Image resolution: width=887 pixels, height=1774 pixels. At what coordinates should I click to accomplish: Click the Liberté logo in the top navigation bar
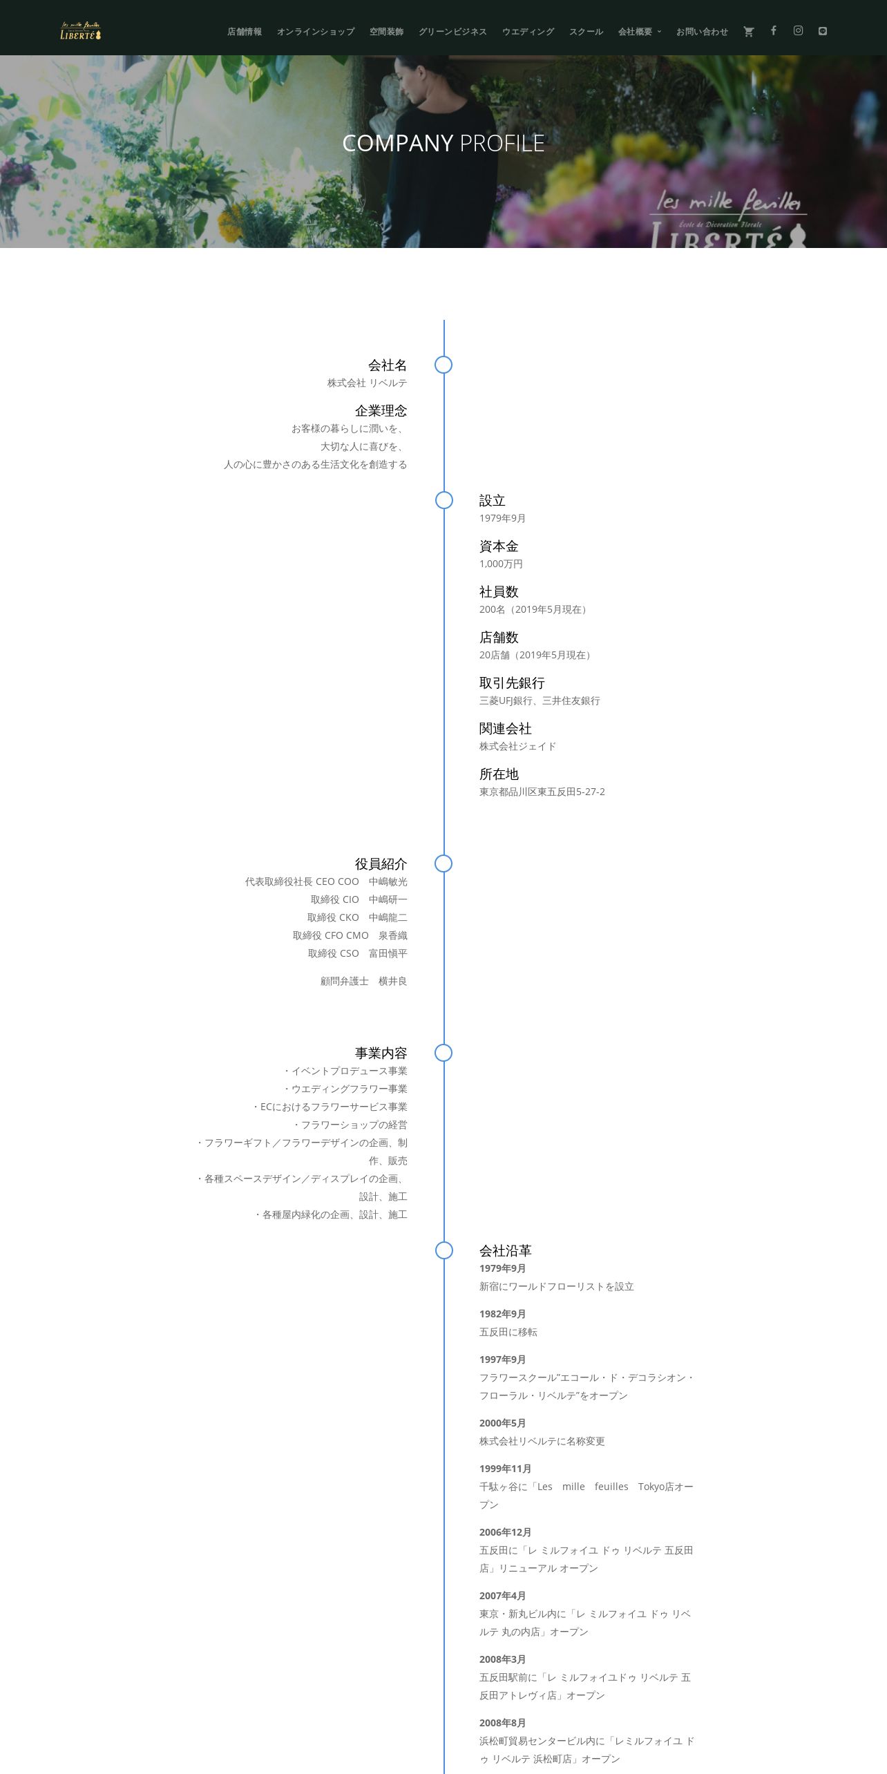(80, 31)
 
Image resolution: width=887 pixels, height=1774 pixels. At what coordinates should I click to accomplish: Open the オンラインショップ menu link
(316, 32)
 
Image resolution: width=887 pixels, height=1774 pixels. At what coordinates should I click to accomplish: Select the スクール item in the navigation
(586, 32)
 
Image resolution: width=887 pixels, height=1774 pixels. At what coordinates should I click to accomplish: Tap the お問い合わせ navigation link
(702, 32)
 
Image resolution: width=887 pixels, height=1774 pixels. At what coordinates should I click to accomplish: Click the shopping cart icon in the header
(748, 32)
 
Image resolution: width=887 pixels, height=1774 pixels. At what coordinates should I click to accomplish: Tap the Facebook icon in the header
(774, 30)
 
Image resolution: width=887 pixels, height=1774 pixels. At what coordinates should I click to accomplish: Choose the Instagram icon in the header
(798, 30)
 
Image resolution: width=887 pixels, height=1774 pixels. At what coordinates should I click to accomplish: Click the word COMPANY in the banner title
(397, 143)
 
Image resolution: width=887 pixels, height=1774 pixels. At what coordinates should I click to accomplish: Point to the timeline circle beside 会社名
(443, 365)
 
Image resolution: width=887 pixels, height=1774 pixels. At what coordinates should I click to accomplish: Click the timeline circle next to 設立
(444, 500)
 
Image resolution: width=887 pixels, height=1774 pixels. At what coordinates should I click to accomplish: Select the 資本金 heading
(499, 546)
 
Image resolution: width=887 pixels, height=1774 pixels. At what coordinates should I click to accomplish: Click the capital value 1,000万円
(501, 564)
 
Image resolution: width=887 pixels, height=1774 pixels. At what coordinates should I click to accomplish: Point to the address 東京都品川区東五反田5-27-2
(542, 792)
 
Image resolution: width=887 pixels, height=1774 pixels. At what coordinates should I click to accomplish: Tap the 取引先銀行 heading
(512, 683)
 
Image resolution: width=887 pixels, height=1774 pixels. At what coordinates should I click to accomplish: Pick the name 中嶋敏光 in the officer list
(388, 881)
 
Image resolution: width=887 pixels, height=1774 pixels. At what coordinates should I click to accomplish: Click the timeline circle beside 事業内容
(443, 1053)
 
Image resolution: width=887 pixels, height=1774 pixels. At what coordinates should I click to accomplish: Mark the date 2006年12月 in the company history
(505, 1532)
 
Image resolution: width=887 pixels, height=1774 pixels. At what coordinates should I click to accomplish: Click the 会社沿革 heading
(505, 1250)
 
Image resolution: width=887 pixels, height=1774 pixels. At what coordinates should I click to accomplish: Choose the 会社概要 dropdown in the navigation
(639, 32)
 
